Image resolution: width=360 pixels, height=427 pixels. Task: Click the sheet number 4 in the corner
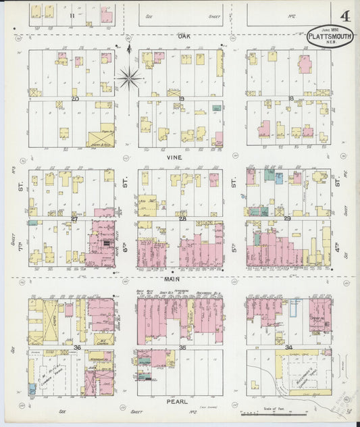345,16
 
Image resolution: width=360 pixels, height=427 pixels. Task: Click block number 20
75,99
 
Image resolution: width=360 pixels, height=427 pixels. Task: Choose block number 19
181,99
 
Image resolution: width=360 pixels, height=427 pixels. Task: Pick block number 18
290,99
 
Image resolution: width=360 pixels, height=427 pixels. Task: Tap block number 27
75,218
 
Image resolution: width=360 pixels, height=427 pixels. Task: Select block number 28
181,218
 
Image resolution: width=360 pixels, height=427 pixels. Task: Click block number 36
77,347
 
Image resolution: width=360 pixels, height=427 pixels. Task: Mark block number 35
181,347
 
